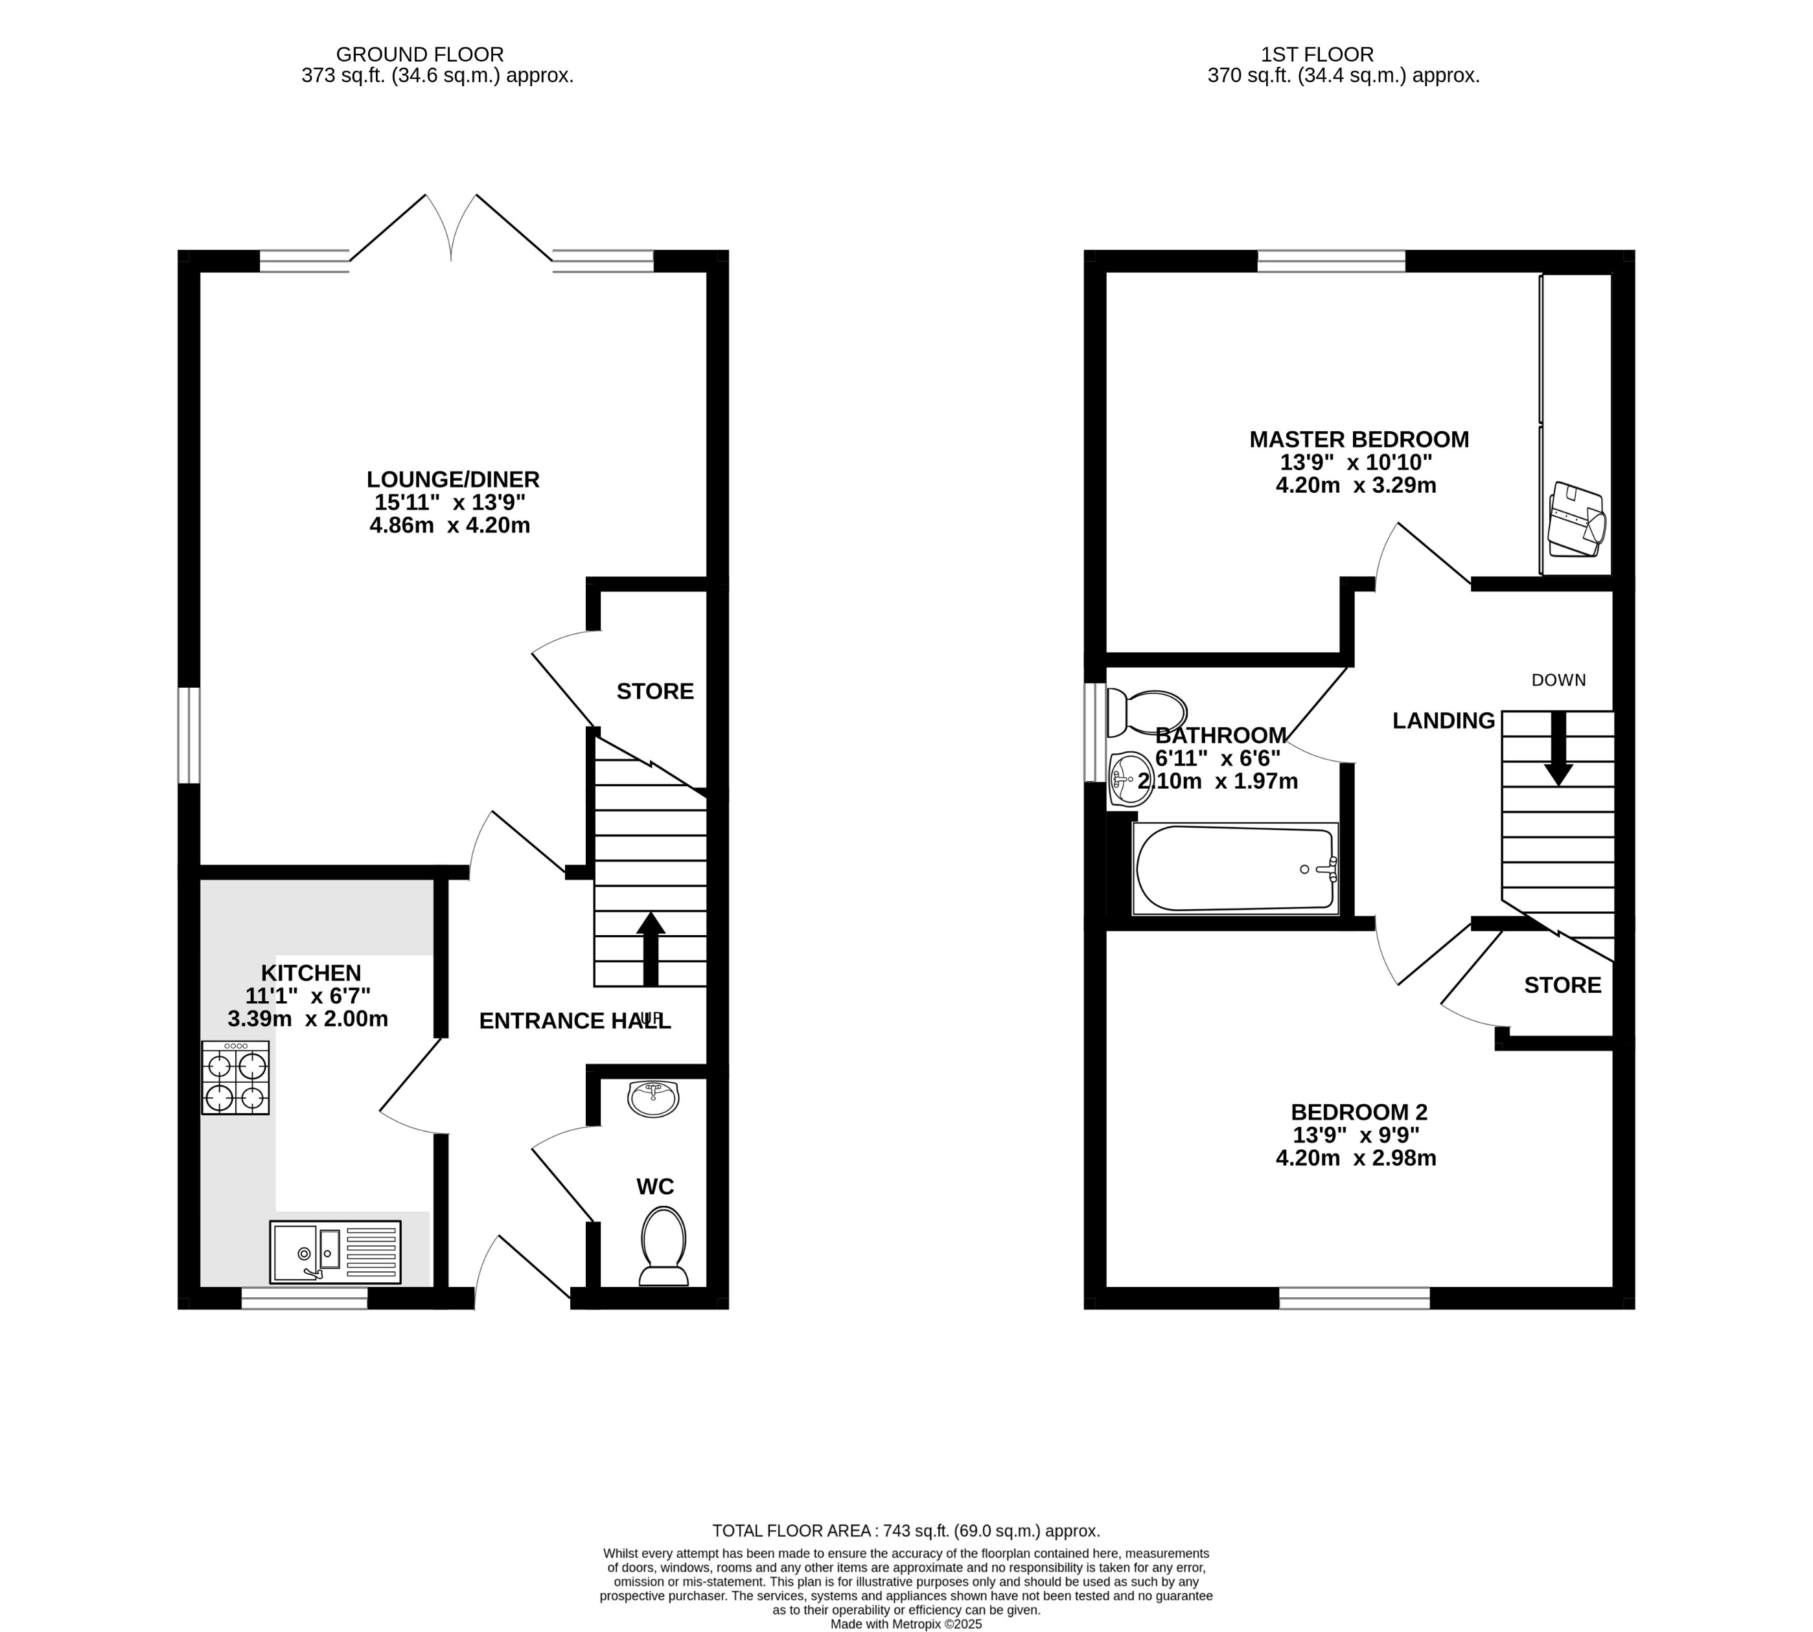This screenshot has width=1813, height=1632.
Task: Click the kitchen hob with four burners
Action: pos(235,1077)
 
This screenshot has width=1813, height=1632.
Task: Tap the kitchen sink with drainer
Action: pos(334,1252)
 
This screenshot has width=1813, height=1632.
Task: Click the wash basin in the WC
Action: pos(654,1098)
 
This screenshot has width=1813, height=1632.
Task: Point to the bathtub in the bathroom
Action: pos(1235,868)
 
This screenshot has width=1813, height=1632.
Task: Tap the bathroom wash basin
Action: pos(1129,777)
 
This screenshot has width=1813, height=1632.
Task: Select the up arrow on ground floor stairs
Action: pos(651,949)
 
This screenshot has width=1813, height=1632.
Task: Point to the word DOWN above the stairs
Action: pos(1558,680)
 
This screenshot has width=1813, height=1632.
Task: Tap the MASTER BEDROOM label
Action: pos(1358,439)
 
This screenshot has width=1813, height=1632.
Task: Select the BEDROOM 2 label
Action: pos(1358,1112)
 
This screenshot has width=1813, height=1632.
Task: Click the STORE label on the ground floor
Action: pos(655,692)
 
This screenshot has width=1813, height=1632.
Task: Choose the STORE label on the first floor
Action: pos(1562,986)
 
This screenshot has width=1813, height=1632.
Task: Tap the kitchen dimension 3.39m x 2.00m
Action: pos(308,1019)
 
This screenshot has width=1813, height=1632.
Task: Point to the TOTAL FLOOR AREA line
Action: pos(905,1531)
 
